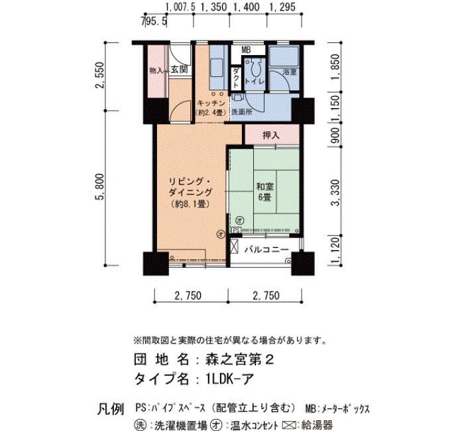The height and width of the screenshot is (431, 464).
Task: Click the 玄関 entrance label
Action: pyautogui.click(x=180, y=70)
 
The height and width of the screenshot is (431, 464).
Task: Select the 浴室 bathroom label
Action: pyautogui.click(x=290, y=72)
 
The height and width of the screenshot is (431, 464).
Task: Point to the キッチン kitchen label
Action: pyautogui.click(x=211, y=103)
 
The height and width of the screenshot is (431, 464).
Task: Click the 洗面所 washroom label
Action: pyautogui.click(x=242, y=112)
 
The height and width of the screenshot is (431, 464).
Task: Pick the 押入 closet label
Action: pyautogui.click(x=270, y=135)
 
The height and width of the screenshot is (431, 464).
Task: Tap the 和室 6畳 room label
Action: pyautogui.click(x=265, y=192)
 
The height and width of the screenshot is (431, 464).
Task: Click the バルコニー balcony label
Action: pyautogui.click(x=266, y=249)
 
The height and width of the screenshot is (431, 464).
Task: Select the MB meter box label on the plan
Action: pyautogui.click(x=246, y=50)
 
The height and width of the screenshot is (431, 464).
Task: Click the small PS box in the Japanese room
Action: pyautogui.click(x=236, y=230)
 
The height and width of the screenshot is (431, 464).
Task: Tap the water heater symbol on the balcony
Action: pyautogui.click(x=234, y=246)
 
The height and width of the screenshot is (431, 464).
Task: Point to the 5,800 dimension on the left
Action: pyautogui.click(x=101, y=187)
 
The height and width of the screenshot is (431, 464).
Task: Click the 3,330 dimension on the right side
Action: pyautogui.click(x=336, y=192)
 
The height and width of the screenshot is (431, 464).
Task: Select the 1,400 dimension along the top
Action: pyautogui.click(x=247, y=7)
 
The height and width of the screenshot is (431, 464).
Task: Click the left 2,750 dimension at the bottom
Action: pyautogui.click(x=188, y=295)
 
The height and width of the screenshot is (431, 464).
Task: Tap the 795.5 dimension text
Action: pyautogui.click(x=154, y=21)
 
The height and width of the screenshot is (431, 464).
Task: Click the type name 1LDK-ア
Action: pyautogui.click(x=229, y=379)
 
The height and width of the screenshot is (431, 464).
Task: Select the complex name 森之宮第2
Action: pyautogui.click(x=239, y=359)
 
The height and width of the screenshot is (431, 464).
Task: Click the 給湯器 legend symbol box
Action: pyautogui.click(x=290, y=425)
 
